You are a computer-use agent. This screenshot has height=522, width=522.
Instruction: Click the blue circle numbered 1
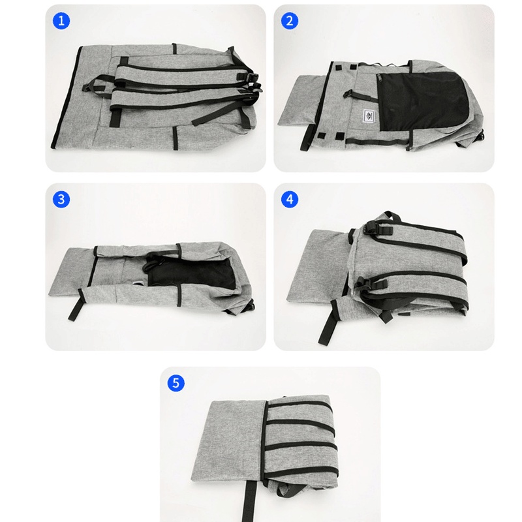(61, 21)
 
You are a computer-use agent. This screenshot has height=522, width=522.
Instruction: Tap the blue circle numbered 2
(290, 21)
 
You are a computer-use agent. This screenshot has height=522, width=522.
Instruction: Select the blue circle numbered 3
(61, 200)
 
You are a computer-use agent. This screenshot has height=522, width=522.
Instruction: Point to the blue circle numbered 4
(290, 200)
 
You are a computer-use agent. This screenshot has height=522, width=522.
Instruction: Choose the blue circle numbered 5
(176, 383)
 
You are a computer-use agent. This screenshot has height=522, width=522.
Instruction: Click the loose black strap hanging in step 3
(75, 305)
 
